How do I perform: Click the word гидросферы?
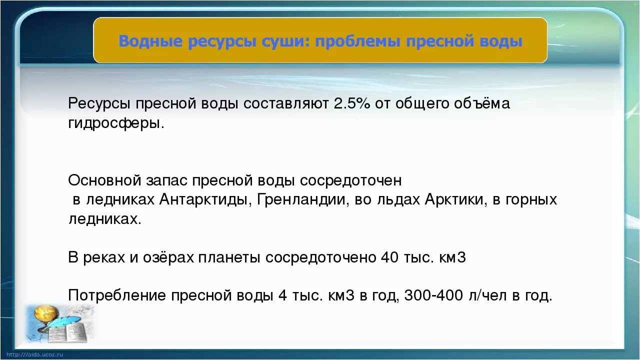click(115, 123)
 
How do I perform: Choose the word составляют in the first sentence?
click(285, 104)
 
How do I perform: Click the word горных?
click(531, 199)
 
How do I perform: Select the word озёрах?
click(169, 257)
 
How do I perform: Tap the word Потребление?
click(117, 295)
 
